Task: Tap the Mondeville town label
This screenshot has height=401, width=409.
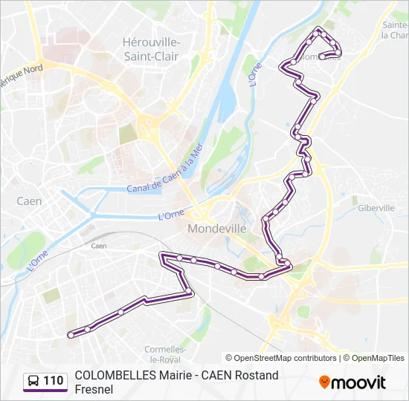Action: [216, 229]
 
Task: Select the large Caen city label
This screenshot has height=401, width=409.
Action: [29, 201]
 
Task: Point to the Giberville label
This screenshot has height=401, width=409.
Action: [376, 209]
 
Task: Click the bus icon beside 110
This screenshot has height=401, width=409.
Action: [33, 381]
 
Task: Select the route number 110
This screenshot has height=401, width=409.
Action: [54, 381]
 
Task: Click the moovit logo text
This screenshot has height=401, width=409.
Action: [358, 382]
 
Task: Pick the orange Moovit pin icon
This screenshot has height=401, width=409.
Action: [324, 382]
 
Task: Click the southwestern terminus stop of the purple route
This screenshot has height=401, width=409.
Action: [71, 335]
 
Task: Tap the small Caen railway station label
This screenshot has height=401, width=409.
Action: [98, 246]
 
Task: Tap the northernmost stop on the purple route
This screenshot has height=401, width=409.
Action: [319, 31]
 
